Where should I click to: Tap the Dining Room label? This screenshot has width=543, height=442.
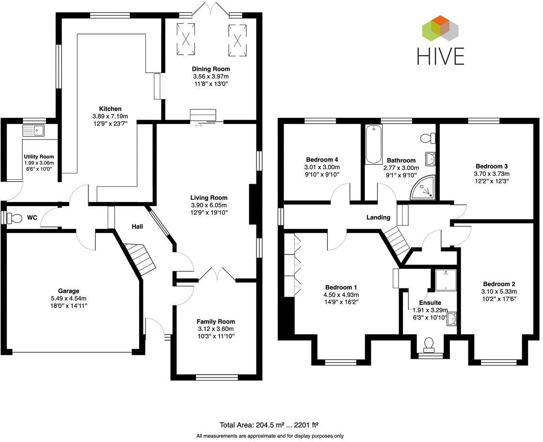click(x=210, y=69)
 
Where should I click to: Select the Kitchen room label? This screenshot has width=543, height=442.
click(x=110, y=109)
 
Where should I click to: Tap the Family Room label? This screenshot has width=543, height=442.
click(x=215, y=321)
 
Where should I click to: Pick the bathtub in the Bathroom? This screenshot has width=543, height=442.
click(x=373, y=144)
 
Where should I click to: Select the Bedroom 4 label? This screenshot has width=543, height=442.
click(x=322, y=159)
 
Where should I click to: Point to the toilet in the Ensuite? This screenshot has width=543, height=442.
click(x=429, y=345)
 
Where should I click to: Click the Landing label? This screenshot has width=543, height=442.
click(x=378, y=217)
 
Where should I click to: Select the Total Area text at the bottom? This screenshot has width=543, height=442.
click(x=269, y=425)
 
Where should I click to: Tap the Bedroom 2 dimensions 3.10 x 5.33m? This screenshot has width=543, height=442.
click(x=499, y=292)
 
